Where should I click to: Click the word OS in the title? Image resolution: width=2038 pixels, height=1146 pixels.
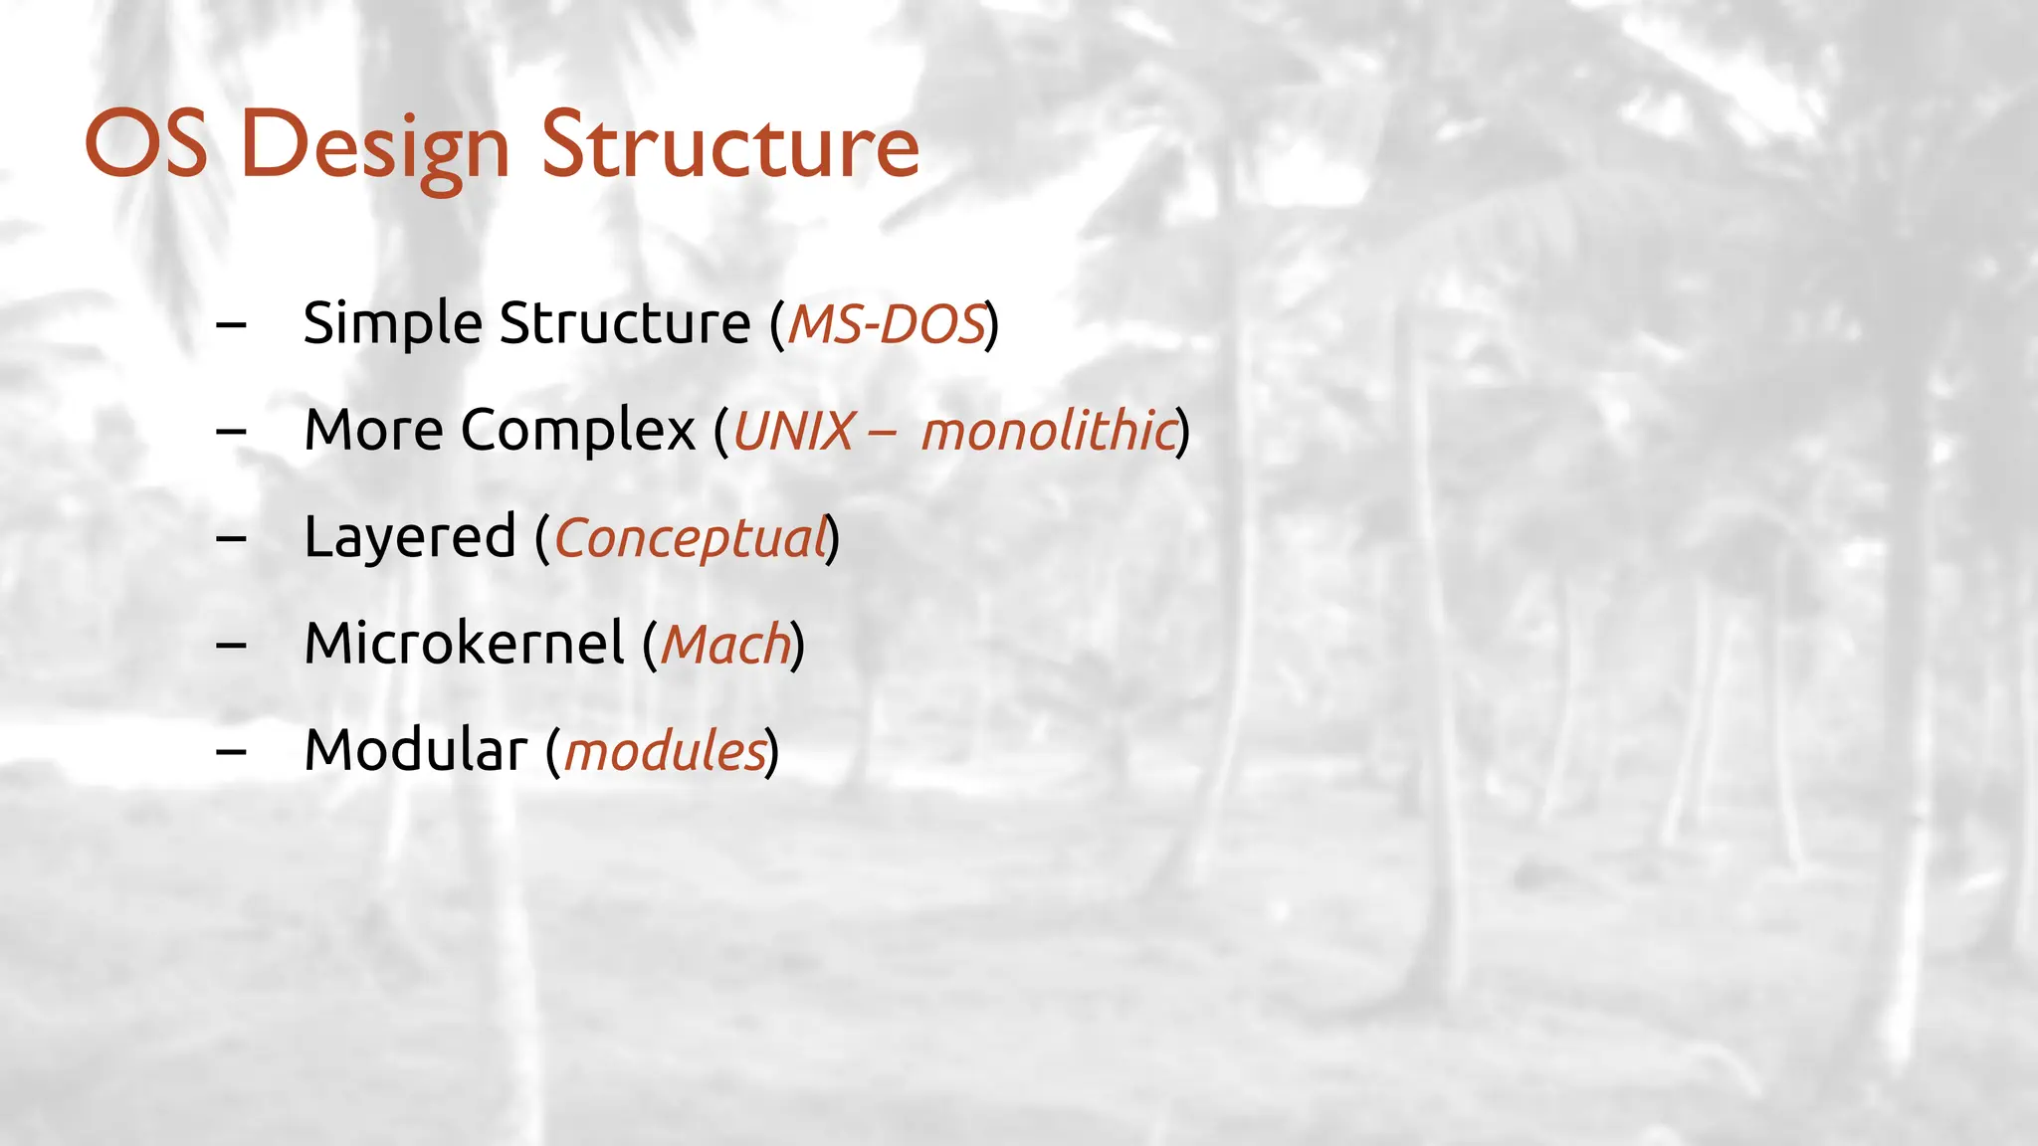[146, 145]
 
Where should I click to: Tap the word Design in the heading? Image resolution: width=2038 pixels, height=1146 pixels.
[375, 147]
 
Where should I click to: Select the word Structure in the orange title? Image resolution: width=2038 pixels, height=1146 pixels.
[729, 145]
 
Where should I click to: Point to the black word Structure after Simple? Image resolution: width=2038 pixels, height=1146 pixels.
[624, 323]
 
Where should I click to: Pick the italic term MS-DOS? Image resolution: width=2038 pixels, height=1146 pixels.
[886, 324]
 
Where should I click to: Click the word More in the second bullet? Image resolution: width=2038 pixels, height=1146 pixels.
[373, 430]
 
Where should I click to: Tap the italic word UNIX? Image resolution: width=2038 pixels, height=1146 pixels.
[793, 431]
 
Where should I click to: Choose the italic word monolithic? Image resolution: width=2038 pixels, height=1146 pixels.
[1048, 431]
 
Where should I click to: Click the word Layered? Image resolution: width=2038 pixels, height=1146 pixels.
[409, 538]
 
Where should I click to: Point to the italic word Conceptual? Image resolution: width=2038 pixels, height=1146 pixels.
[691, 538]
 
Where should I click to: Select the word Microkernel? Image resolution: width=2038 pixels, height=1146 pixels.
[464, 643]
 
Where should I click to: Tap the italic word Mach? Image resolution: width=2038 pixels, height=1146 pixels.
[725, 644]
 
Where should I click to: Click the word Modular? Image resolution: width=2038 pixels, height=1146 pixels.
[415, 749]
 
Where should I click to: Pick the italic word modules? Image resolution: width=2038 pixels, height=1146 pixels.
[665, 750]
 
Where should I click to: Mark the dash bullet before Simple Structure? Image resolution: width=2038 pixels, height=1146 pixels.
[231, 324]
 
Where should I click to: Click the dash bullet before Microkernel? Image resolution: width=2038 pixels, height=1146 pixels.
[231, 645]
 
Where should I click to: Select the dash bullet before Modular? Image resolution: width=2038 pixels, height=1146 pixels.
[231, 751]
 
